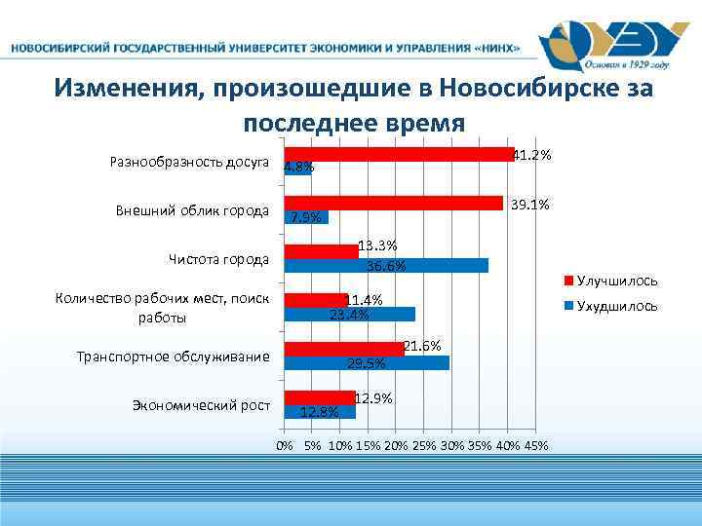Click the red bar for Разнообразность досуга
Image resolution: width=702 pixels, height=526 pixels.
(x=398, y=154)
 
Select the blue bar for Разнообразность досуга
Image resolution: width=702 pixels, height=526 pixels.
(x=296, y=169)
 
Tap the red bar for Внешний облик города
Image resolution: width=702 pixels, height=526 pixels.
(x=393, y=203)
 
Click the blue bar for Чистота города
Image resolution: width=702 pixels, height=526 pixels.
(x=385, y=266)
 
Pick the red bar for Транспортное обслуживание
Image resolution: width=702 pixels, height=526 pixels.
(x=343, y=348)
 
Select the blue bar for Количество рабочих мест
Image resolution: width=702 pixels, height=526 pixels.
(x=349, y=315)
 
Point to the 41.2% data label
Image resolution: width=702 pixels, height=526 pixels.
(x=533, y=155)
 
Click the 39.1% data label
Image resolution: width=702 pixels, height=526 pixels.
(x=531, y=205)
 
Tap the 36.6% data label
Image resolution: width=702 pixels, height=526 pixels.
(x=385, y=267)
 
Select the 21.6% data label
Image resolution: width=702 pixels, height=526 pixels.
(x=422, y=346)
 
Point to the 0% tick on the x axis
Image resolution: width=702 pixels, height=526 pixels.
(x=284, y=445)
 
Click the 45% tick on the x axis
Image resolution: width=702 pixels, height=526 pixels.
(x=537, y=445)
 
